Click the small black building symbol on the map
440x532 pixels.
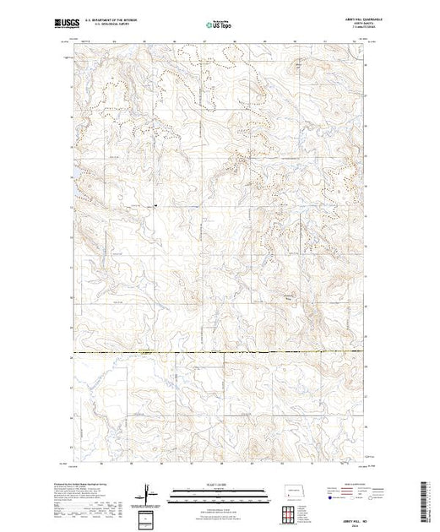pyautogui.click(x=155, y=204)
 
